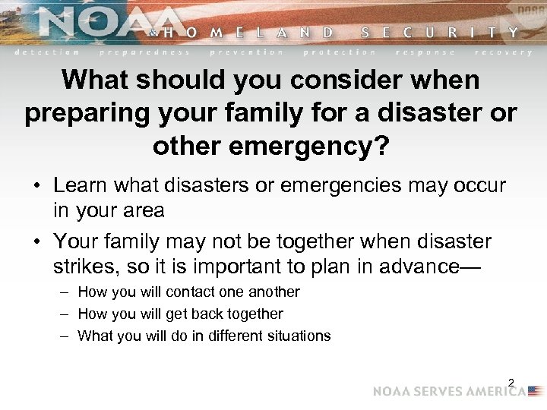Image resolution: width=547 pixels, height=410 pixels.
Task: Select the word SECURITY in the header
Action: pos(440,33)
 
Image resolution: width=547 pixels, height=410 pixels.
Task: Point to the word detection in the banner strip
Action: pos(47,52)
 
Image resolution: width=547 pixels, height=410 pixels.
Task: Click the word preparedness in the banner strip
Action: pos(144,52)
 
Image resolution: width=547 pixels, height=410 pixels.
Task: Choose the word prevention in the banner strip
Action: pos(246,52)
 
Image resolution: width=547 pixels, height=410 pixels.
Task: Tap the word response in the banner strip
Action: pos(425,52)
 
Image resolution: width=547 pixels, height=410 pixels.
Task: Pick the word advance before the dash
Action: pos(421,266)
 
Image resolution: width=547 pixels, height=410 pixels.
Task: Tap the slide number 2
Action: pos(511,383)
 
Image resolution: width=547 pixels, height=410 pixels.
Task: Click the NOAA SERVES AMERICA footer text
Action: pos(448,392)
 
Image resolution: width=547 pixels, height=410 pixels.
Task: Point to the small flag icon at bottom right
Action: pos(536,392)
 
